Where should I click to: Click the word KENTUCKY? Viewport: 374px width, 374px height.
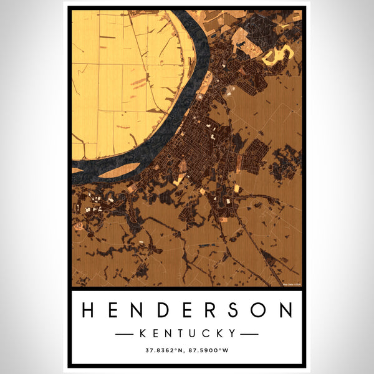pyautogui.click(x=187, y=333)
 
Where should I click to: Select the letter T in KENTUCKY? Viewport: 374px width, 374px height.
pyautogui.click(x=175, y=333)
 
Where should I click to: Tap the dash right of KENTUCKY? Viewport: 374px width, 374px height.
pyautogui.click(x=249, y=333)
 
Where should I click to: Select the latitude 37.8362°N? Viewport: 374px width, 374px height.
pyautogui.click(x=163, y=351)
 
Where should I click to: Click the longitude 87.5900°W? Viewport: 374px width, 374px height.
pyautogui.click(x=210, y=351)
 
